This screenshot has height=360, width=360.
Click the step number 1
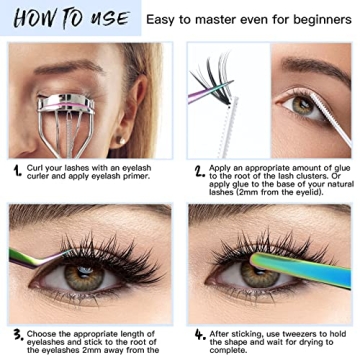[18, 169]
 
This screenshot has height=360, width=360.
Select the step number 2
[199, 170]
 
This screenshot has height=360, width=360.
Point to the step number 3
[18, 334]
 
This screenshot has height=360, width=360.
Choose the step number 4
[199, 334]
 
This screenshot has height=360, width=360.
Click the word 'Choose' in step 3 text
[54, 330]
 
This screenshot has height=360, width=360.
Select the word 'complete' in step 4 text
[247, 352]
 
